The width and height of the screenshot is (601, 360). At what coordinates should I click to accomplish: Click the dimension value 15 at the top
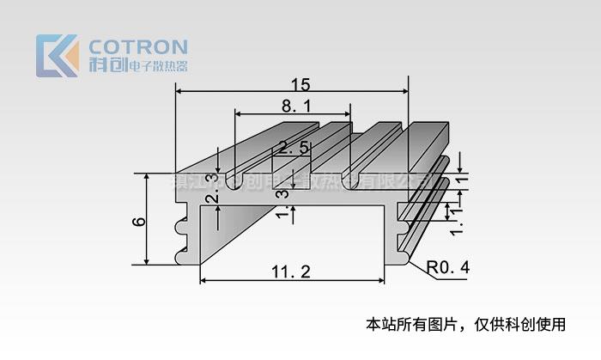point(300,84)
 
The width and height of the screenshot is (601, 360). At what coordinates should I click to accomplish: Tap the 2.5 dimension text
point(294,149)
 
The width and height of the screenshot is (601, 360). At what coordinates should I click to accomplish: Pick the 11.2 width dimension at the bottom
point(290,272)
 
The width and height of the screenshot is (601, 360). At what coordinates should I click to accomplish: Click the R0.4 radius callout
point(448,268)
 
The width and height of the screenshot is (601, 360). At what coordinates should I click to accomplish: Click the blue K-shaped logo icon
point(58,55)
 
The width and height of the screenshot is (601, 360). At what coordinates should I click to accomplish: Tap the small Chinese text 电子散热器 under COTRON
point(157,66)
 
